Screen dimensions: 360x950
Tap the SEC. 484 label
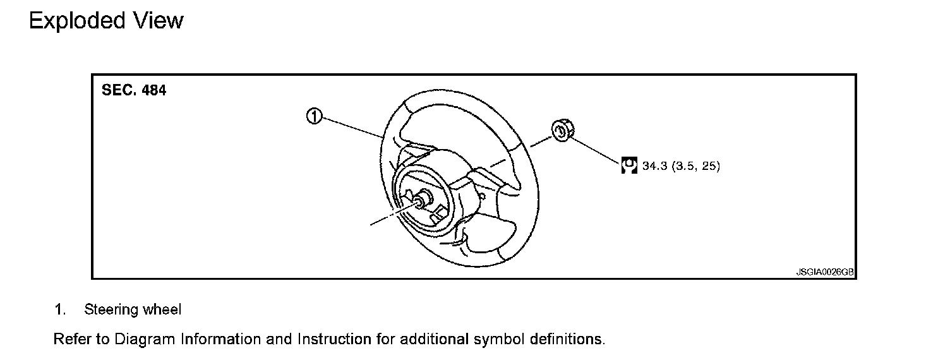[x=134, y=90]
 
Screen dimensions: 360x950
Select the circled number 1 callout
[x=314, y=116]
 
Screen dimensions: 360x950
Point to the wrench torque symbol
[x=628, y=165]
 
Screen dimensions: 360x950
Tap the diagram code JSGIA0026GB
[x=825, y=273]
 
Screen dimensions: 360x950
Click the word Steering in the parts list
[x=111, y=310]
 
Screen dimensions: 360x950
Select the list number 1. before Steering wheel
[x=60, y=310]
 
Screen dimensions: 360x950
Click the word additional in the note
[x=434, y=339]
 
